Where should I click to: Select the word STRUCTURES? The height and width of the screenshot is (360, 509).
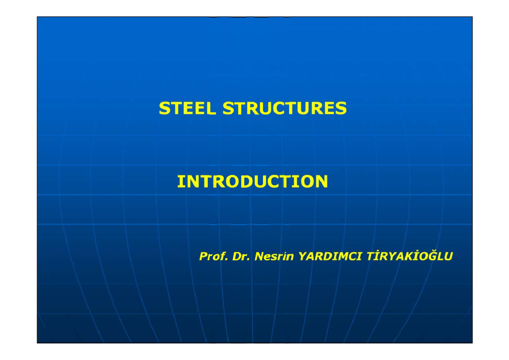(x=285, y=109)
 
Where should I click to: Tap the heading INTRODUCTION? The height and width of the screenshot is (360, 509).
(x=252, y=181)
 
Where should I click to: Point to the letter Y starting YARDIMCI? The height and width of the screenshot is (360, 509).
(x=302, y=257)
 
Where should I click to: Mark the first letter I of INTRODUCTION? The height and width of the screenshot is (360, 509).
(x=180, y=181)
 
